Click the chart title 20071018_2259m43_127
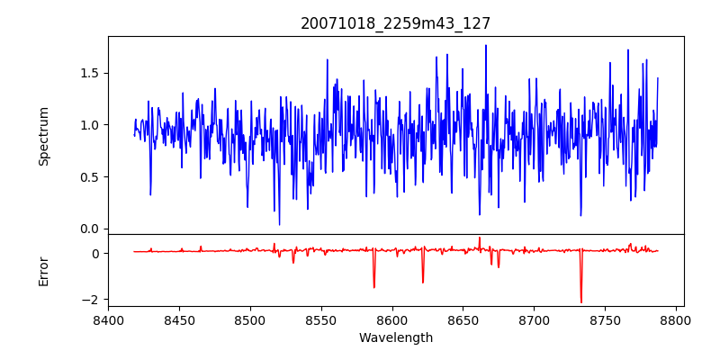[395, 24]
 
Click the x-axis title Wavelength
[395, 337]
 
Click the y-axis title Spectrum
[44, 135]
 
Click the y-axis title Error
[44, 270]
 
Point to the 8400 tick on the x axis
[108, 319]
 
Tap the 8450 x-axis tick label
[179, 319]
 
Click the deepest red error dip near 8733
[581, 302]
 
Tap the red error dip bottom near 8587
[374, 287]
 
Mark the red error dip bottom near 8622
[423, 283]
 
